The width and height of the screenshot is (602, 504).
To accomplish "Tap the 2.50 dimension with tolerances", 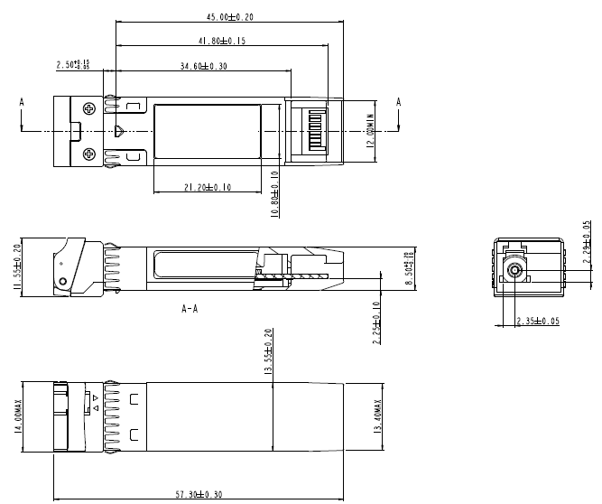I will [73, 65].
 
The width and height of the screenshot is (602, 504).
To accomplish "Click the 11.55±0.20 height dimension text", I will [17, 265].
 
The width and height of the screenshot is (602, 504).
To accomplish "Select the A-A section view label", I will [190, 308].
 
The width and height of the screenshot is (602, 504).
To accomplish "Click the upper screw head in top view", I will [89, 109].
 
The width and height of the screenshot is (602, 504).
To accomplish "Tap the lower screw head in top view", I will [89, 154].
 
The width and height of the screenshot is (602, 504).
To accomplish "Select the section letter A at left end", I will [21, 103].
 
